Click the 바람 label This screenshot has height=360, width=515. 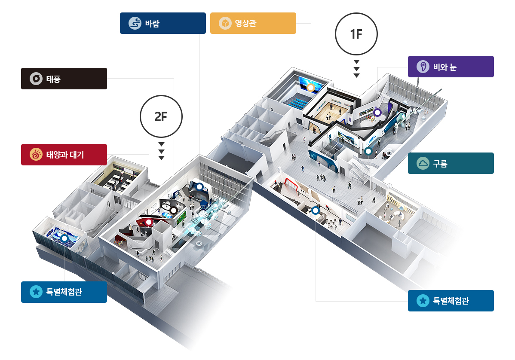click(x=162, y=23)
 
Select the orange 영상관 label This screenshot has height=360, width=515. click(x=253, y=23)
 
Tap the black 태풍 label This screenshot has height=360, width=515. click(x=64, y=79)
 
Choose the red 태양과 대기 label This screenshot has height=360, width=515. click(x=64, y=155)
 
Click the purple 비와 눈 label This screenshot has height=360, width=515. click(x=451, y=67)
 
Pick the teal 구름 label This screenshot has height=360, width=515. click(x=451, y=163)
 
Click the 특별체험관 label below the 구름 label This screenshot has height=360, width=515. click(x=451, y=301)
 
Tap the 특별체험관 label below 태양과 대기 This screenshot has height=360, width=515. click(x=64, y=292)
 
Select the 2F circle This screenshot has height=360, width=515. click(x=161, y=116)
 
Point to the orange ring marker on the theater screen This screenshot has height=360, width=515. click(x=311, y=88)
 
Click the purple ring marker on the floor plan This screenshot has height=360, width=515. click(x=377, y=113)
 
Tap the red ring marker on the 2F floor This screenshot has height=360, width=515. click(x=149, y=223)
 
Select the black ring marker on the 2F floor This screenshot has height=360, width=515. click(x=173, y=211)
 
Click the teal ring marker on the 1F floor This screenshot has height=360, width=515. click(x=368, y=151)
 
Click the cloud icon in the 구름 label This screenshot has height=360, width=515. click(x=423, y=163)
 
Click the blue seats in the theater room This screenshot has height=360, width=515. click(x=297, y=102)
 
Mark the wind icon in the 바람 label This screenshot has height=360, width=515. click(x=135, y=23)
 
